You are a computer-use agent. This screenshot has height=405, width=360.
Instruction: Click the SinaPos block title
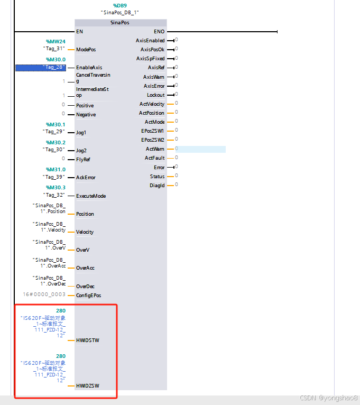(x=120, y=23)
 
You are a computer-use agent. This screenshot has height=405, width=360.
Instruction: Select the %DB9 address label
(x=119, y=5)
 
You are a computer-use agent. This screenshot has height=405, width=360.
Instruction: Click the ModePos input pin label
(x=86, y=49)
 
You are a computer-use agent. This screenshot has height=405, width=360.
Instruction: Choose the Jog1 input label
(x=81, y=132)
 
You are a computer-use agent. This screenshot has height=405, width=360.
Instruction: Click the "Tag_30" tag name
(x=54, y=150)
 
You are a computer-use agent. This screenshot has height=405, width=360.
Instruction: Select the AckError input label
(x=86, y=178)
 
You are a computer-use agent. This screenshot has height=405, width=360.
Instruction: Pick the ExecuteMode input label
(x=91, y=196)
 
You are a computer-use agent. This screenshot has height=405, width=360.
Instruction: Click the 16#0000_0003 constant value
(x=44, y=294)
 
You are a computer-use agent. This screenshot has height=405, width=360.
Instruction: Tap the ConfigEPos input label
(x=88, y=295)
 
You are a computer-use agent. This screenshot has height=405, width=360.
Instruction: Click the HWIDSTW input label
(x=87, y=340)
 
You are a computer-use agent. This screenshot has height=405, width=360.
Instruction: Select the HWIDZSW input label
(x=87, y=385)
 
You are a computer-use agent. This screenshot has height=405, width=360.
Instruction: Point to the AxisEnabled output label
(x=150, y=40)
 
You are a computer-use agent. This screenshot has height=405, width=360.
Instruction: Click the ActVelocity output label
(x=152, y=104)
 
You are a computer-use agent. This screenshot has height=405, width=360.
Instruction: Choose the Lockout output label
(x=155, y=95)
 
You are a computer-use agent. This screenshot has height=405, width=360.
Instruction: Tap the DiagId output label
(x=157, y=185)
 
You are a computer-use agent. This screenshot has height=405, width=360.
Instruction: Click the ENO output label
(x=159, y=32)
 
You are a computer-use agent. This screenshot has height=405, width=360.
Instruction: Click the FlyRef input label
(x=84, y=159)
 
